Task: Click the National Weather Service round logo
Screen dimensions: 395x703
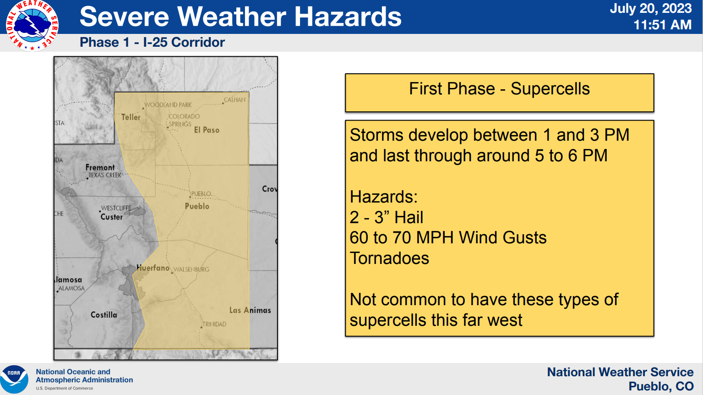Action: tap(32, 25)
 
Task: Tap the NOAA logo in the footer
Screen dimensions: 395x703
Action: tap(15, 379)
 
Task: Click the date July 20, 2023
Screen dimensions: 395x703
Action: tap(650, 9)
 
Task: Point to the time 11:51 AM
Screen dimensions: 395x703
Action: tap(662, 25)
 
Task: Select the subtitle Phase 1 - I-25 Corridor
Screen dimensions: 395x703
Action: tap(152, 43)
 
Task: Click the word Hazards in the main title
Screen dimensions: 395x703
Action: tap(348, 17)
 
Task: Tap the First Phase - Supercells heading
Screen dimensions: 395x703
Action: tap(499, 89)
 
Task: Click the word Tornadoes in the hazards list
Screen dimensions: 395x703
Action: tap(389, 258)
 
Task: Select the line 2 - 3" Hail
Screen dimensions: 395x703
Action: tap(386, 217)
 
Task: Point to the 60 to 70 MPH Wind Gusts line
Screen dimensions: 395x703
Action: tap(448, 238)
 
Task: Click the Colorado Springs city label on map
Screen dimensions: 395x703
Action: tap(184, 120)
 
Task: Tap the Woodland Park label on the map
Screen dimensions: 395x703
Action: tap(168, 105)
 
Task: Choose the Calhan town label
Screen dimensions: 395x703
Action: tap(234, 100)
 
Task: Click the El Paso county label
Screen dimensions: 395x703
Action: tap(207, 130)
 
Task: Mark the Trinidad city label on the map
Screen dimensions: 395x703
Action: tap(214, 324)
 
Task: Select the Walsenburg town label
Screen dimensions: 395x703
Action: tap(191, 269)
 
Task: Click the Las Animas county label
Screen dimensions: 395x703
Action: tap(250, 310)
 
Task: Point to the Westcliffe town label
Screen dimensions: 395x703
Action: tap(116, 208)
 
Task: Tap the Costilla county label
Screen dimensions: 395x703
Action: tap(104, 315)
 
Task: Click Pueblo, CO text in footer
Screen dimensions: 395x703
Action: tap(661, 386)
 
